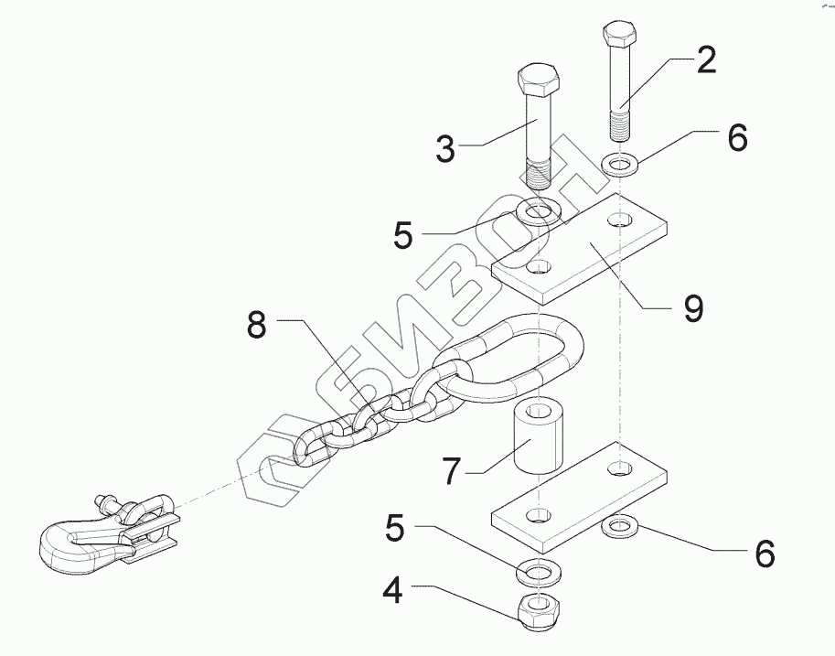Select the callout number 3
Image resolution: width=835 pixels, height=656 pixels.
tap(444, 148)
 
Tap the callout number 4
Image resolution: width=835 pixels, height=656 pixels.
tap(392, 592)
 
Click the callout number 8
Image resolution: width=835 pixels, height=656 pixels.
tap(260, 326)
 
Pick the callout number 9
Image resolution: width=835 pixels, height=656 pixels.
tap(692, 307)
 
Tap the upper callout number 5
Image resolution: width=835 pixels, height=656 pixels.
tap(403, 235)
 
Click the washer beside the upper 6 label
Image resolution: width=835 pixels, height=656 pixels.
tap(621, 166)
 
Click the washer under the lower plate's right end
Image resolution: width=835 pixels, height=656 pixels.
tap(621, 526)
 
